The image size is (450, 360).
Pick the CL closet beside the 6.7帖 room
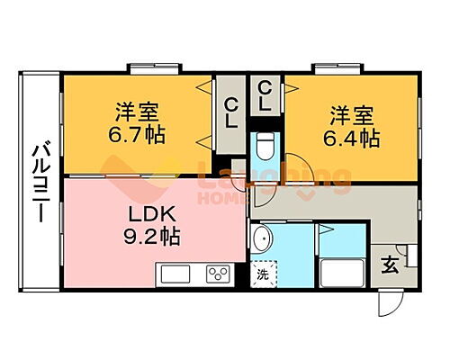click(x=230, y=113)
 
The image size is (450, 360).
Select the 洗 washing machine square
click(x=263, y=274)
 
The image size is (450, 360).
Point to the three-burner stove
click(x=220, y=274)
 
